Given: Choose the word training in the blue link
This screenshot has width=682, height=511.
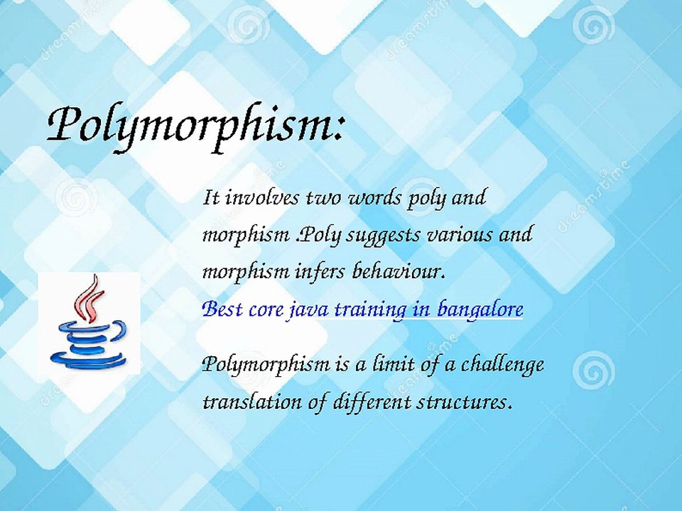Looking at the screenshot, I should tap(366, 310).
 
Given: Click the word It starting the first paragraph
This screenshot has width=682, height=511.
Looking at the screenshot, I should tap(210, 197).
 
